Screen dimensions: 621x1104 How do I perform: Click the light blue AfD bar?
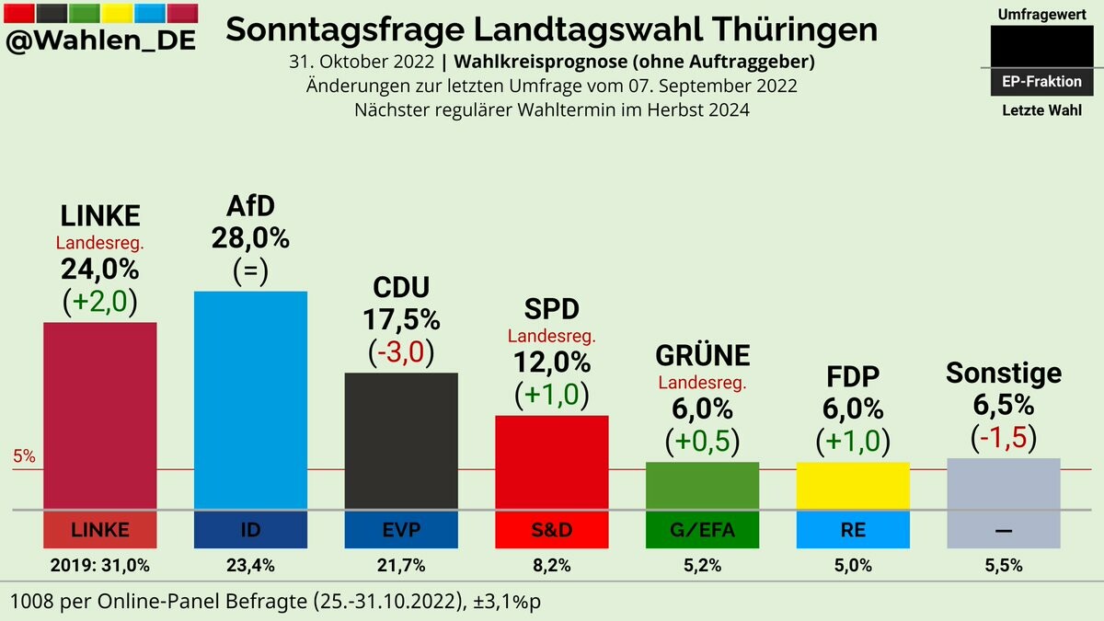click(250, 399)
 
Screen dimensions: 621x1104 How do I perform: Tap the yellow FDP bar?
click(853, 485)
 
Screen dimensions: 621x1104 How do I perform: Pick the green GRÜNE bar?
click(702, 485)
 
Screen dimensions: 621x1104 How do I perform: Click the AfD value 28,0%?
click(250, 238)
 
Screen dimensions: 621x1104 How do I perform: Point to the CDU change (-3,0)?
click(401, 352)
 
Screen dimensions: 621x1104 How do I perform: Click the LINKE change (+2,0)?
click(99, 303)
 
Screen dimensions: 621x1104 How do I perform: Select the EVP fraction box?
click(401, 530)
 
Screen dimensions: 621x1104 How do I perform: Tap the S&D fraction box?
click(552, 530)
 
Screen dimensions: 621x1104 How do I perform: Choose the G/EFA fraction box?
click(702, 530)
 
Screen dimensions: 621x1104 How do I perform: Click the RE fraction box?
click(853, 530)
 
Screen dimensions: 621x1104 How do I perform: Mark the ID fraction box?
click(250, 530)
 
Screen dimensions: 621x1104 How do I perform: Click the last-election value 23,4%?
click(250, 566)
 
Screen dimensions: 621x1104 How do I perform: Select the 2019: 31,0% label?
click(99, 566)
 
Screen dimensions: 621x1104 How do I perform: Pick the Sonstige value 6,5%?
click(1003, 405)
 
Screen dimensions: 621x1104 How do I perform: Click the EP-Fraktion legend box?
click(1041, 81)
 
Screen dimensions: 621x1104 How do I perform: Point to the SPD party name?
click(552, 309)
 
